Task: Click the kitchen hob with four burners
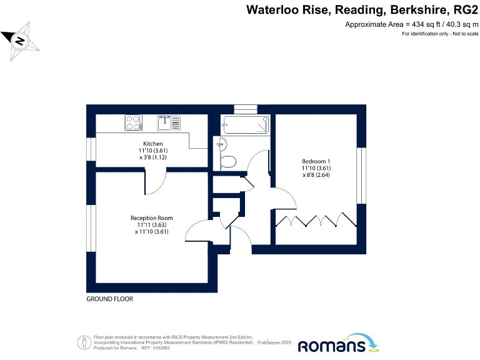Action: [132, 122]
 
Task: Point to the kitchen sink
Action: [166, 122]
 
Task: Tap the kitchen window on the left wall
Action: [91, 150]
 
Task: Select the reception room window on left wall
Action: [91, 228]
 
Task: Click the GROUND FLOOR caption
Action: [109, 299]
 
